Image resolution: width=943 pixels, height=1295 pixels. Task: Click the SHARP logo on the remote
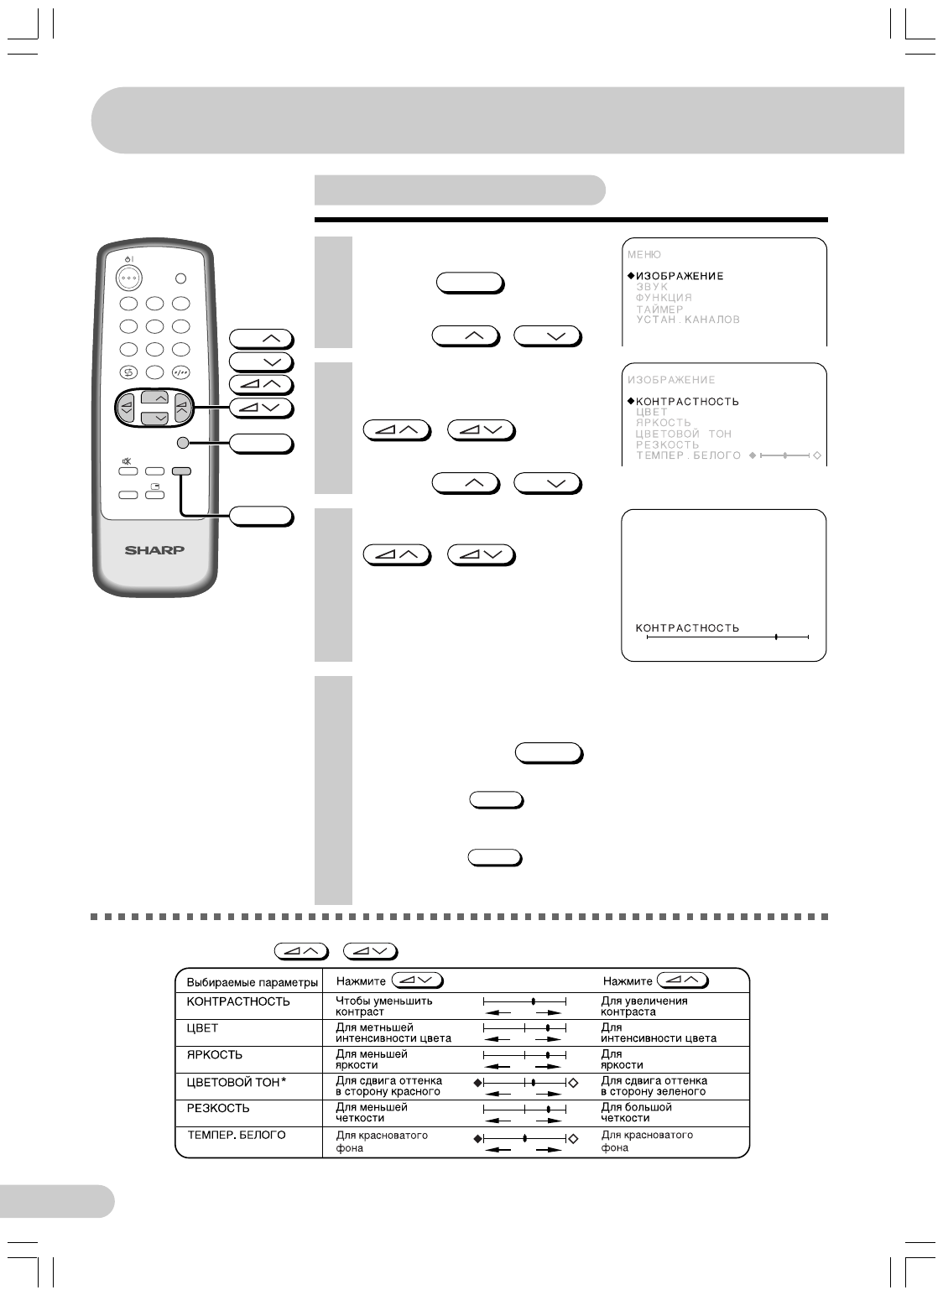pyautogui.click(x=156, y=550)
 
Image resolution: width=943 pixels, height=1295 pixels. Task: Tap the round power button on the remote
pyautogui.click(x=128, y=277)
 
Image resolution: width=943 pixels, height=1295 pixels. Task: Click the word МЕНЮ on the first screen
pyautogui.click(x=644, y=254)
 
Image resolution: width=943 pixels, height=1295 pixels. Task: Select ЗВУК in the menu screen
pyautogui.click(x=652, y=287)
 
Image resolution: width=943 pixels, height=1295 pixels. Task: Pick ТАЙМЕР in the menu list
pyautogui.click(x=659, y=309)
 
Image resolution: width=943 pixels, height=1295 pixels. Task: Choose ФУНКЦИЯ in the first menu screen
pyautogui.click(x=664, y=298)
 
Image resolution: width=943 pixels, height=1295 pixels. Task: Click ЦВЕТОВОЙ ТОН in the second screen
pyautogui.click(x=683, y=434)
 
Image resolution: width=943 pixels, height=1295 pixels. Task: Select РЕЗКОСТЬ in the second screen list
pyautogui.click(x=667, y=445)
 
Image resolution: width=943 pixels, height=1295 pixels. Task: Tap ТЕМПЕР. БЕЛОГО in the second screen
pyautogui.click(x=688, y=455)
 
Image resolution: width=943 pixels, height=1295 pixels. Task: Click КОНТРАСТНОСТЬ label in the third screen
pyautogui.click(x=687, y=627)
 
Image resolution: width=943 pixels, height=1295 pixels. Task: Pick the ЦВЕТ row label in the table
pyautogui.click(x=201, y=1027)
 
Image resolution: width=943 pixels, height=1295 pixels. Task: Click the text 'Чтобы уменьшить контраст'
pyautogui.click(x=383, y=1006)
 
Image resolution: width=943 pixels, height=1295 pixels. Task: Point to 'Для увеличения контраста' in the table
pyautogui.click(x=643, y=1006)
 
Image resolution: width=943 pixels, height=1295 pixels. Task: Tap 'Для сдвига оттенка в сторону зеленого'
pyautogui.click(x=654, y=1086)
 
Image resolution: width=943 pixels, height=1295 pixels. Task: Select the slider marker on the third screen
pyautogui.click(x=776, y=637)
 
